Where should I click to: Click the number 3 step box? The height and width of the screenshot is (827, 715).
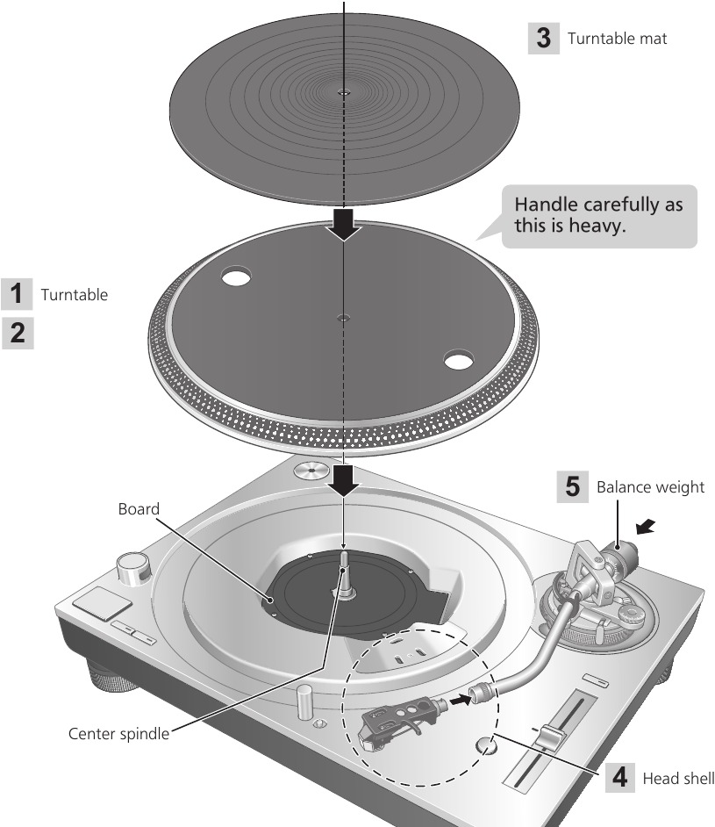click(543, 38)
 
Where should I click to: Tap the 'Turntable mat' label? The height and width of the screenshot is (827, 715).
click(617, 39)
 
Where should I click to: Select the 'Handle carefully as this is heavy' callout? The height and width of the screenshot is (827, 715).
click(598, 216)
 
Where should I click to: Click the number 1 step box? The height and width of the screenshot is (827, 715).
click(17, 294)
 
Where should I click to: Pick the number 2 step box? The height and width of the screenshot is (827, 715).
click(18, 333)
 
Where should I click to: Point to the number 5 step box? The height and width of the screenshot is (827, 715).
click(572, 486)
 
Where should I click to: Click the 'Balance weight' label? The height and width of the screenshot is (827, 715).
click(650, 487)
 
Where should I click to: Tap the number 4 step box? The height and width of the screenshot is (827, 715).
click(620, 777)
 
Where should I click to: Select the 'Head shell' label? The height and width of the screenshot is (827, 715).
click(678, 779)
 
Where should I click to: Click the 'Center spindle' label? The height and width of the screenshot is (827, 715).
click(118, 734)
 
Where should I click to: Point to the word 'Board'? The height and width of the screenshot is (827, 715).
click(139, 509)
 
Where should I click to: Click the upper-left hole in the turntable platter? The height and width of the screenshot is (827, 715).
click(236, 276)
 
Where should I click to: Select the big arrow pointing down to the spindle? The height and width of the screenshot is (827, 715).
click(344, 480)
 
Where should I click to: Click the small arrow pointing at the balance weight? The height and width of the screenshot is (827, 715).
click(645, 527)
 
